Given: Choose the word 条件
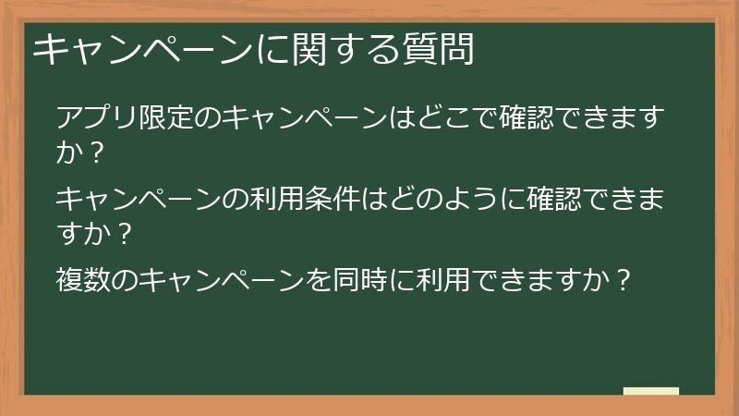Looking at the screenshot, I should click(x=339, y=200).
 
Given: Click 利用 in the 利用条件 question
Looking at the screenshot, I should click(x=282, y=200).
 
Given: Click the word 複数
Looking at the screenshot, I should click(x=84, y=279).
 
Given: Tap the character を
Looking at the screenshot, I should click(x=323, y=279).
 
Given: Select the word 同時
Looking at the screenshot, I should click(x=368, y=279).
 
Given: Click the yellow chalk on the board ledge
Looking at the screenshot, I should click(x=651, y=392).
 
